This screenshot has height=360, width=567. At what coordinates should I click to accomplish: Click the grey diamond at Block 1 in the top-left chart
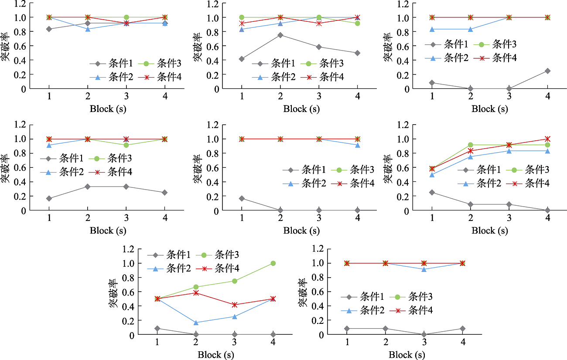[x=49, y=29]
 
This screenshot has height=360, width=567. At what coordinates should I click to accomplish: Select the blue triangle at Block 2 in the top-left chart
[x=88, y=29]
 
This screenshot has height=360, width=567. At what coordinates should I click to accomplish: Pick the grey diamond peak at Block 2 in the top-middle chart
[x=280, y=35]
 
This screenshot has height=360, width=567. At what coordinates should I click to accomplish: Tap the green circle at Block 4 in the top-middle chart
[x=357, y=23]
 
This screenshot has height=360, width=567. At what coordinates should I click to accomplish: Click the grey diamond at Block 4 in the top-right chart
[x=547, y=71]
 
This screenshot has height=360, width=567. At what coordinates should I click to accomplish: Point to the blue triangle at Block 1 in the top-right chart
[x=432, y=29]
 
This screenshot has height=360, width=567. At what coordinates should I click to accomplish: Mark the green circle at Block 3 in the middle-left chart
[x=126, y=145]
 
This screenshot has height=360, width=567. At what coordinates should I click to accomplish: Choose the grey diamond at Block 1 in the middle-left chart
[x=49, y=199]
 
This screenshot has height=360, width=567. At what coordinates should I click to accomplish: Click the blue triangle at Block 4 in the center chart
[x=357, y=145]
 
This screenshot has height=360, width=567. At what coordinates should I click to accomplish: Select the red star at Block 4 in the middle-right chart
[x=547, y=139]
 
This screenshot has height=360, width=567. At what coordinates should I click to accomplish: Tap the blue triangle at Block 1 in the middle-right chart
[x=432, y=175]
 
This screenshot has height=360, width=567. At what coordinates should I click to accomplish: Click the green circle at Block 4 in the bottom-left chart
[x=273, y=263]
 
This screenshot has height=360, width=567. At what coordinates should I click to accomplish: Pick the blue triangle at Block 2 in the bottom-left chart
[x=196, y=323]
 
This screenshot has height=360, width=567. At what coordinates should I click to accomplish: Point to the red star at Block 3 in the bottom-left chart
[x=235, y=305]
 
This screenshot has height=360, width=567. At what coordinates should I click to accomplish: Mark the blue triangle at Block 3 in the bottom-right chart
[x=424, y=269]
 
